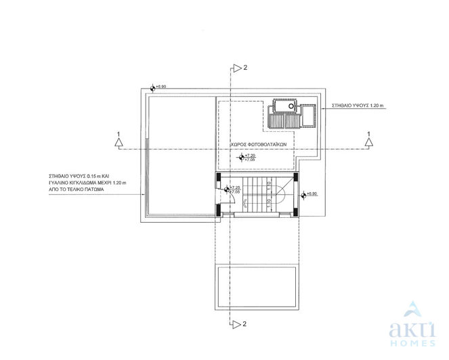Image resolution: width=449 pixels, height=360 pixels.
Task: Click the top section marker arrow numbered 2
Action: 236,67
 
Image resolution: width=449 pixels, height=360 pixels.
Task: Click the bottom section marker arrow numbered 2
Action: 236,323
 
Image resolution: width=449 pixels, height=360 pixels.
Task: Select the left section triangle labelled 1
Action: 119,142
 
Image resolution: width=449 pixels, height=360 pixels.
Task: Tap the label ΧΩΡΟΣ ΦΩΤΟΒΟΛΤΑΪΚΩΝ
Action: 259,144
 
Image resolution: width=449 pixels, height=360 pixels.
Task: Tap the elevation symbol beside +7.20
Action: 242,157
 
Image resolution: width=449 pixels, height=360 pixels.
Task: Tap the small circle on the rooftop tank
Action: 291,106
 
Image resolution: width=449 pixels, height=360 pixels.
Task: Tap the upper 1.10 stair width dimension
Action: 270,184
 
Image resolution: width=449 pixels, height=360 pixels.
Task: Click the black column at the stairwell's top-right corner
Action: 295,177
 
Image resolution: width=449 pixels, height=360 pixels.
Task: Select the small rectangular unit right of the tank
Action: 307,114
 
